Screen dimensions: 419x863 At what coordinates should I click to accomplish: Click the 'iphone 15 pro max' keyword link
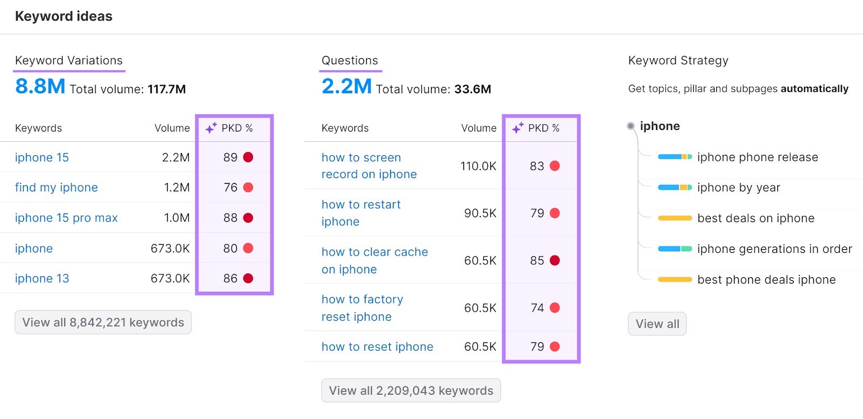tap(66, 218)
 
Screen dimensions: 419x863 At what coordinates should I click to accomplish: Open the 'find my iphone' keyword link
tap(56, 188)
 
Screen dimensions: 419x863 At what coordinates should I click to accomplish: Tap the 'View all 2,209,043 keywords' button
tap(411, 390)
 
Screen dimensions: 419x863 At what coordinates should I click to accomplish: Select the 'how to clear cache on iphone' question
tap(374, 260)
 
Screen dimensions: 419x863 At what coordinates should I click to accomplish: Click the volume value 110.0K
tap(478, 166)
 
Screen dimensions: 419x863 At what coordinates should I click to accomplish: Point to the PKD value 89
tap(230, 157)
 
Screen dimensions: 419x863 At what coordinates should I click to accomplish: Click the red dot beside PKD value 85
tap(554, 260)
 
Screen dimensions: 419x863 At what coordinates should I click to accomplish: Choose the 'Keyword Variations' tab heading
tap(69, 60)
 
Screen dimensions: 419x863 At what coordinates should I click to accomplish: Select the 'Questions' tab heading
tap(350, 60)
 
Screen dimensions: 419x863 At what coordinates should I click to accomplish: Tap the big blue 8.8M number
tap(40, 86)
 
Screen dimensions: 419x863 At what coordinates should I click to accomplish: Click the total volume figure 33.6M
tap(472, 90)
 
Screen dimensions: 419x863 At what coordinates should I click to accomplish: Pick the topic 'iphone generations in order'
tap(774, 249)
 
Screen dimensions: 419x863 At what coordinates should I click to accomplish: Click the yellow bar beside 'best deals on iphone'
tap(674, 218)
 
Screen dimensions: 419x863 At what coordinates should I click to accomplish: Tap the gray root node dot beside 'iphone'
tap(631, 126)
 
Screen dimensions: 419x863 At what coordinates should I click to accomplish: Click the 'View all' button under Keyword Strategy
tap(657, 324)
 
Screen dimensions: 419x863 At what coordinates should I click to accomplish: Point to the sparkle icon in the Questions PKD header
tap(518, 128)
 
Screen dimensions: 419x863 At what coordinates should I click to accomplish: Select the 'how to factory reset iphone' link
tap(362, 308)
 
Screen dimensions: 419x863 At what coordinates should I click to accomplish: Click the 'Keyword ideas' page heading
tap(64, 16)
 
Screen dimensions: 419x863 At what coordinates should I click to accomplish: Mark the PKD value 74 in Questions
tap(537, 308)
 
